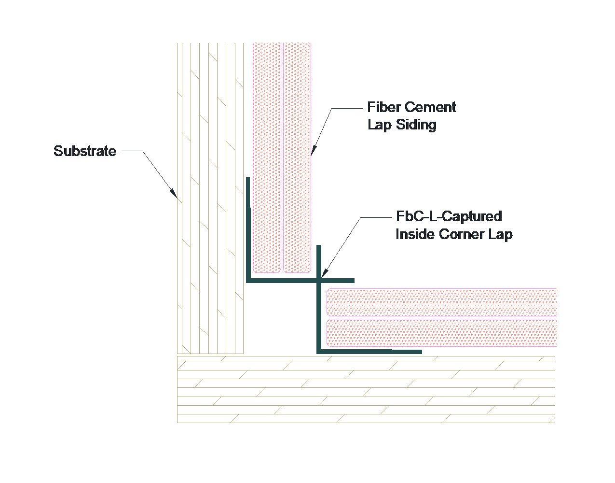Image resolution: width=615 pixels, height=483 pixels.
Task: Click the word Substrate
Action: [x=85, y=151]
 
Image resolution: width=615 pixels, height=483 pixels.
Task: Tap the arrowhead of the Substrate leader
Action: [x=174, y=194]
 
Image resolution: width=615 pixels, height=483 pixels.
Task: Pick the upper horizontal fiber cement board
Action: [x=441, y=302]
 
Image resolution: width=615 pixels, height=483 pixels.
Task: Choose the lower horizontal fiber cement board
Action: [x=441, y=332]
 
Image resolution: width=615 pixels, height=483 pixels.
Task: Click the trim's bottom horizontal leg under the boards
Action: [x=369, y=352]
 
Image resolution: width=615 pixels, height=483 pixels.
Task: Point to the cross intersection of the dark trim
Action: [x=318, y=280]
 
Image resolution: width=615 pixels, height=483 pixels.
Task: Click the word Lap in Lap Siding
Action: [x=378, y=125]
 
